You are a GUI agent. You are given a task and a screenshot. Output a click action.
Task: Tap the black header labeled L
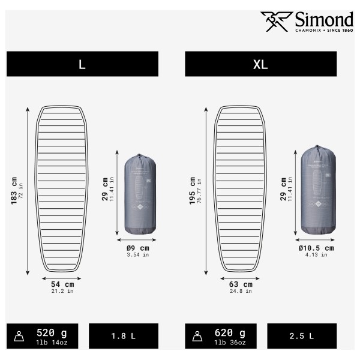point(82,64)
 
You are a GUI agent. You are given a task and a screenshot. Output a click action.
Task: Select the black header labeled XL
point(260,64)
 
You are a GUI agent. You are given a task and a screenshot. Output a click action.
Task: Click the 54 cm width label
point(62,284)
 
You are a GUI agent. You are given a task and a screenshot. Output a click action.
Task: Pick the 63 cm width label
point(241,284)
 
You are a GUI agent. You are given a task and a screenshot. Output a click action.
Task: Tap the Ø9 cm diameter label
point(136,247)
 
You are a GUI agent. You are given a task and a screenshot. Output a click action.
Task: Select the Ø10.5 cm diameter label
point(316,247)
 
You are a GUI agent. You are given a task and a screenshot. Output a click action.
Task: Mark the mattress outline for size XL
point(240,190)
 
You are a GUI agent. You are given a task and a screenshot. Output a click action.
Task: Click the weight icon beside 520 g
point(20,337)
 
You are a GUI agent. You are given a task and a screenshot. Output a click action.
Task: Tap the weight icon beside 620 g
point(199,337)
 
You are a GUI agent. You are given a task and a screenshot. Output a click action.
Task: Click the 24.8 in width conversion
point(241,292)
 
